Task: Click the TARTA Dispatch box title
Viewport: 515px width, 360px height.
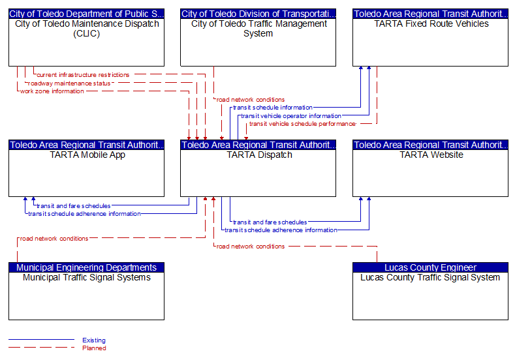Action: click(x=259, y=155)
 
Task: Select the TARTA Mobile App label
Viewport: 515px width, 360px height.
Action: click(x=87, y=155)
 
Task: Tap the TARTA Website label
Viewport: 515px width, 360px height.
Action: click(x=431, y=155)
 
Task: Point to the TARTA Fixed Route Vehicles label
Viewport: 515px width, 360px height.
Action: click(x=431, y=23)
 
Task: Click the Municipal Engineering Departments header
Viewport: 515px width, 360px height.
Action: click(x=86, y=267)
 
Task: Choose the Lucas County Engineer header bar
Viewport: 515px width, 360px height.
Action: click(x=430, y=267)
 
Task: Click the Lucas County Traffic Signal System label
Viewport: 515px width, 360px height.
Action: click(x=430, y=277)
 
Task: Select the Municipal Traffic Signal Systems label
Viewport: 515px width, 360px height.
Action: click(x=87, y=277)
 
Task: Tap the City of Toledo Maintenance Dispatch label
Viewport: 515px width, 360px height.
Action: click(x=87, y=29)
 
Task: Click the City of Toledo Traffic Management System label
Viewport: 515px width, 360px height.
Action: click(x=259, y=29)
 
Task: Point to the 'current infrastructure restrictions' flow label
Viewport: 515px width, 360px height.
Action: click(x=83, y=75)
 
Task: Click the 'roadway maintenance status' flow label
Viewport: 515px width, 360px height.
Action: click(x=69, y=83)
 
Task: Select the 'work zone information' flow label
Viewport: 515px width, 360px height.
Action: click(x=52, y=91)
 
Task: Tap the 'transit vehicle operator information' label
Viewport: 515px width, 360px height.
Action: click(x=291, y=116)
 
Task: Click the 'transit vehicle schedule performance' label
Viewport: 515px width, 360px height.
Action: click(x=302, y=124)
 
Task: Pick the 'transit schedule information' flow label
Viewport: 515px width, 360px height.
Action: click(x=273, y=108)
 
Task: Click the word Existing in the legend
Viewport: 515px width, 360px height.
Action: click(x=94, y=340)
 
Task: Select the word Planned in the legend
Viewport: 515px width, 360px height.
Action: click(x=94, y=348)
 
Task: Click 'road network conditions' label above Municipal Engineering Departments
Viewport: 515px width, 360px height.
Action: click(x=54, y=239)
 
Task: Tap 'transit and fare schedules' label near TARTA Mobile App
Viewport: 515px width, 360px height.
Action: click(x=74, y=206)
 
